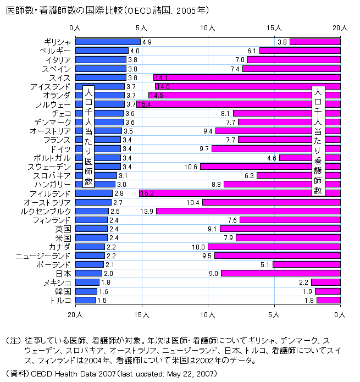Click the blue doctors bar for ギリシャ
coord(108,42)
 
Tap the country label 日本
coord(63,273)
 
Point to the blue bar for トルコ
coord(85,300)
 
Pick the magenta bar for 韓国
coord(328,291)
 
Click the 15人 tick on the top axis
coord(274,27)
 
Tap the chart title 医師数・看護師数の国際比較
coord(107,10)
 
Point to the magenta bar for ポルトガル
coord(310,158)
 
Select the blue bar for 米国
coord(91,238)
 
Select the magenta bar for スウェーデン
coord(270,167)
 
